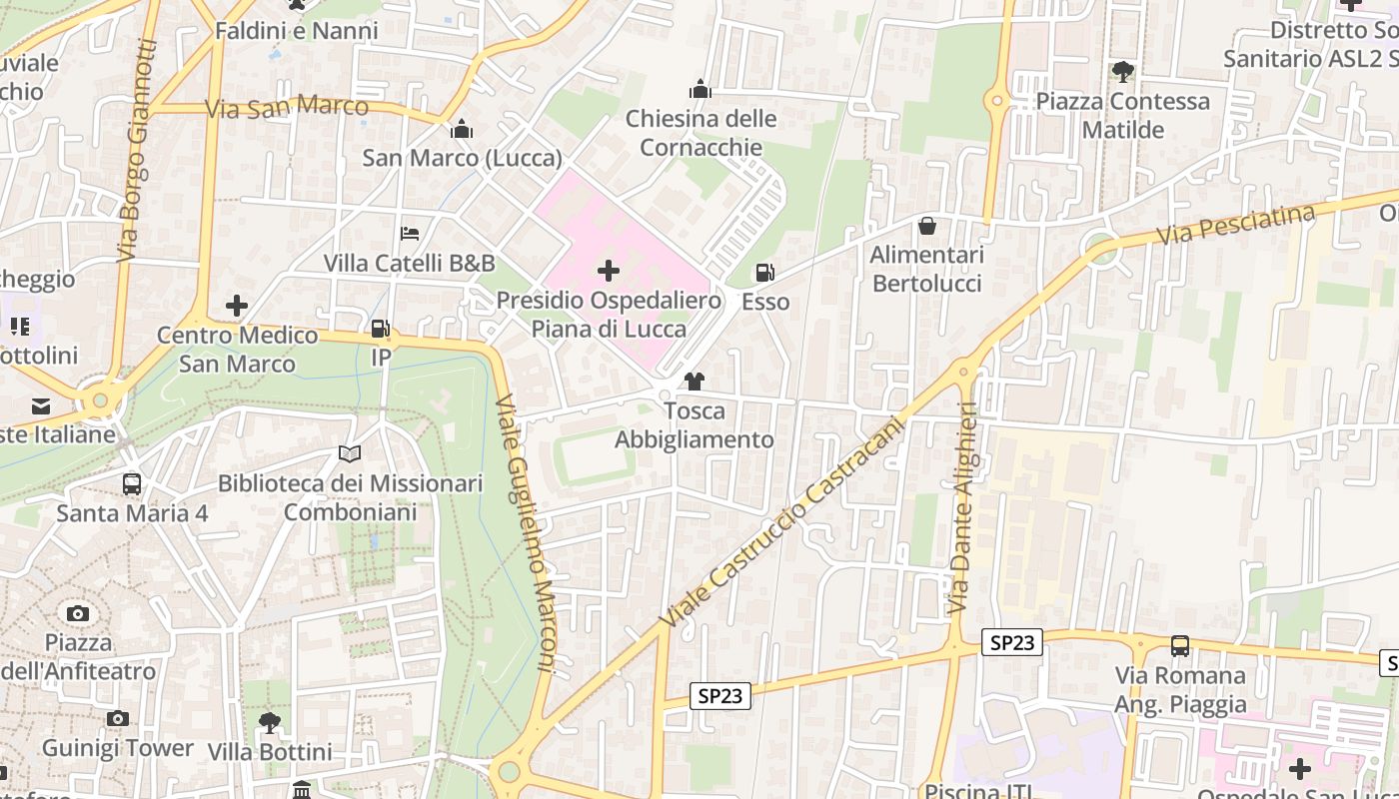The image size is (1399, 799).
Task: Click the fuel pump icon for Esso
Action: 764,272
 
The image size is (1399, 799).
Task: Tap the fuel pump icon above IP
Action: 381,329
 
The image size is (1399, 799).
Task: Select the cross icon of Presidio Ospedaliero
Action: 608,271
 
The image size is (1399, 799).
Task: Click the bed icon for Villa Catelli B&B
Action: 410,234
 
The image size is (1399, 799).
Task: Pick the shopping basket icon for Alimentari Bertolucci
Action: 927,226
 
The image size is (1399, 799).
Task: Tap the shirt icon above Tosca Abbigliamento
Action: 695,382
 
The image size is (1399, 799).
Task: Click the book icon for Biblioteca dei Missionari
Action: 350,454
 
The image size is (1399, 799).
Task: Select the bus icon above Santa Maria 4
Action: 132,484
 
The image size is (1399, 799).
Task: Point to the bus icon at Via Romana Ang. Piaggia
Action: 1180,646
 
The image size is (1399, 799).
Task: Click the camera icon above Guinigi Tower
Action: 118,718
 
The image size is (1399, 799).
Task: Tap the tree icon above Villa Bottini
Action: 269,722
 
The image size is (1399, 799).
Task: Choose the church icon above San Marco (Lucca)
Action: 462,129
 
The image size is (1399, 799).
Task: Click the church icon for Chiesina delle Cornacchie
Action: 700,90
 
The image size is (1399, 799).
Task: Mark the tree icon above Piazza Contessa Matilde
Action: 1123,72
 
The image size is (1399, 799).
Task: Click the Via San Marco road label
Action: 287,106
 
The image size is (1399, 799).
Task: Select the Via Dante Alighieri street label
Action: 960,506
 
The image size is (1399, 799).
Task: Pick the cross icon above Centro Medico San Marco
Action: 237,306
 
